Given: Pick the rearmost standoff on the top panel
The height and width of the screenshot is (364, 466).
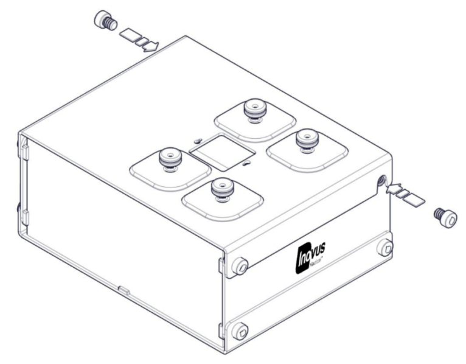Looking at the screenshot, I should point(251,111).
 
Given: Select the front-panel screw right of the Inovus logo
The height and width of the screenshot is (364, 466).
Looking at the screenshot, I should point(384,248).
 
